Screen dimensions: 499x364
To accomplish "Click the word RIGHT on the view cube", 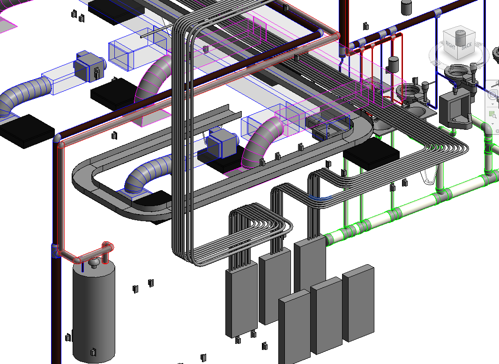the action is click(450, 45).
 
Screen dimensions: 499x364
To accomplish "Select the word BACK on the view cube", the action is click(466, 45).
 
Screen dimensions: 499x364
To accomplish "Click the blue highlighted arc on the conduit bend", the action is click(320, 198).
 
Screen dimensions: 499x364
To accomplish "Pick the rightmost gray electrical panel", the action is click(358, 303).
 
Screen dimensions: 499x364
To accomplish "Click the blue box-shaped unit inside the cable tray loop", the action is click(222, 144).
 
